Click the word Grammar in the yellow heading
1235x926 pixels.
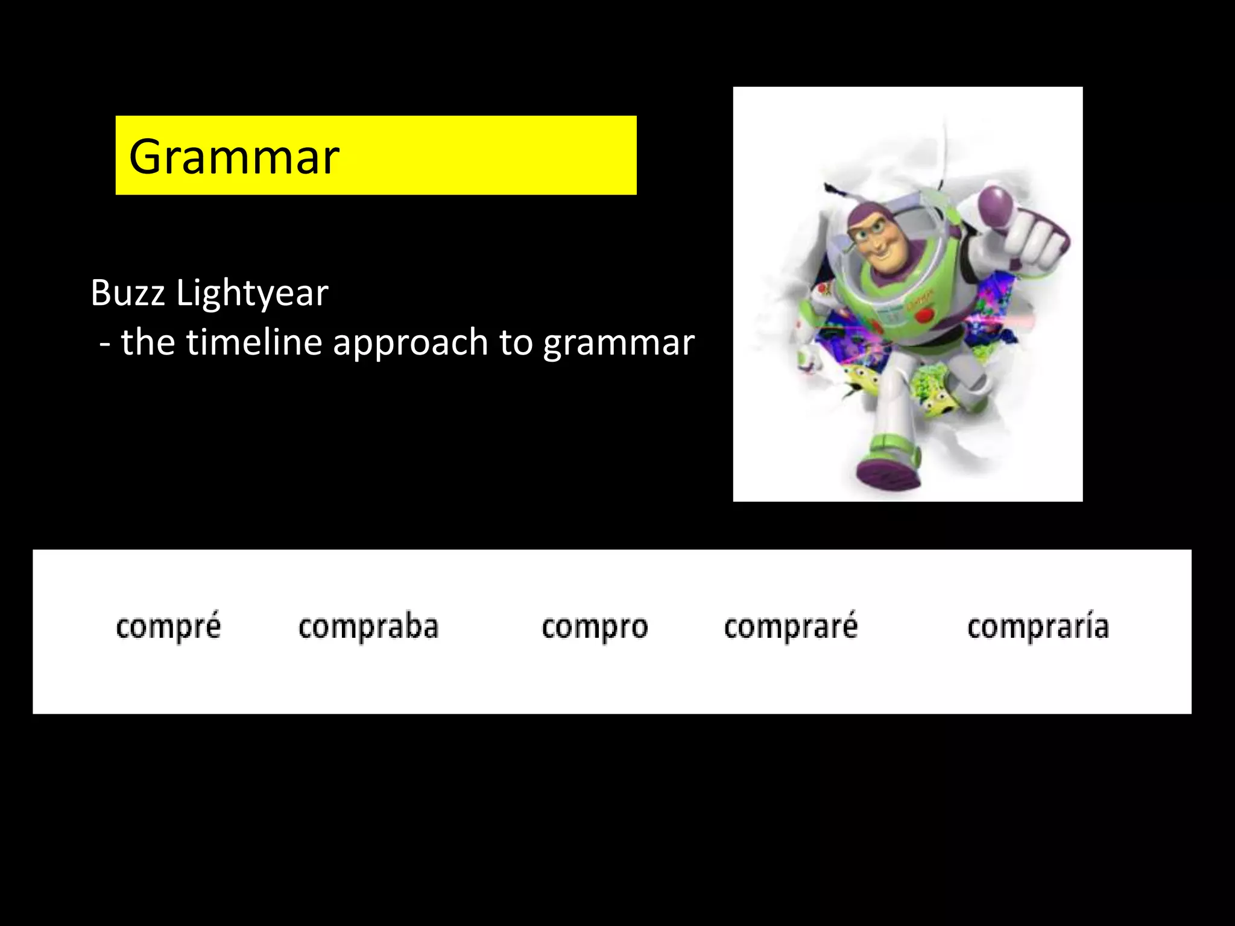[234, 157]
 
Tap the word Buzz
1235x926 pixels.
[128, 293]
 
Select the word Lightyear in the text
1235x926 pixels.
[252, 294]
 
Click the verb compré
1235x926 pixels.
[168, 626]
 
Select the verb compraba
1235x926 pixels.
[368, 626]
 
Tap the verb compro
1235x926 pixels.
[595, 627]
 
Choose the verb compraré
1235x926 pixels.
[791, 626]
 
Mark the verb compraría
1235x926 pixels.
[1038, 626]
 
